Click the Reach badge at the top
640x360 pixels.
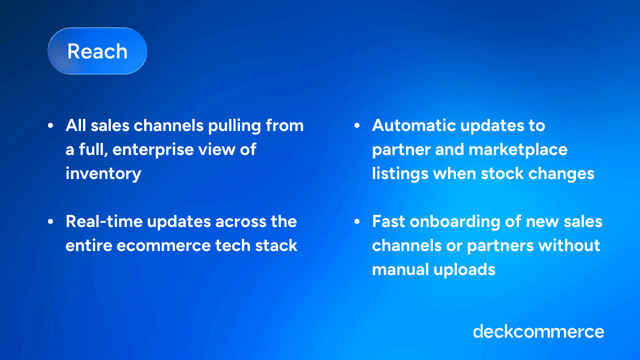point(97,50)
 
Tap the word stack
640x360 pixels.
point(276,244)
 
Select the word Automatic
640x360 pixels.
point(416,126)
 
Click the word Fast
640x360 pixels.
point(390,221)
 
